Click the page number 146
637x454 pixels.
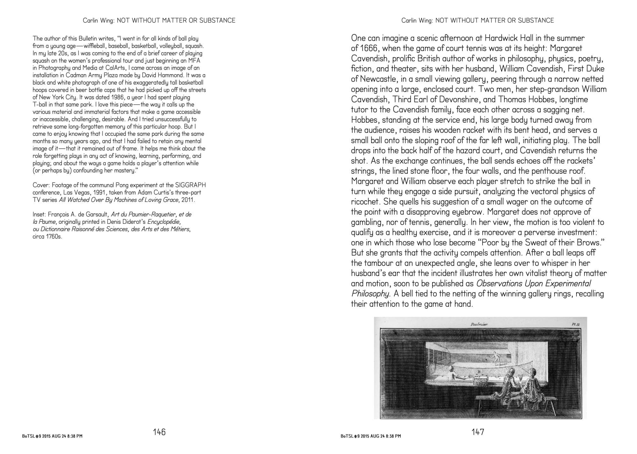(x=159, y=432)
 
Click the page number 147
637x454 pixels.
(x=478, y=432)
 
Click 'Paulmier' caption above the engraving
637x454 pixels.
(x=477, y=325)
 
